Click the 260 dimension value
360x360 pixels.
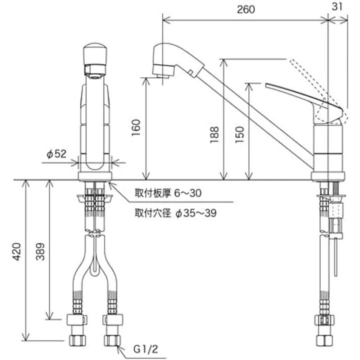pos(246,10)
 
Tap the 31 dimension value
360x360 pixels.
pos(337,6)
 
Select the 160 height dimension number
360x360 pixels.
pos(136,128)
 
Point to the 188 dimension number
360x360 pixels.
pos(215,134)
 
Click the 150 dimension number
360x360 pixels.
pos(239,134)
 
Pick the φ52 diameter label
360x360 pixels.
pos(57,154)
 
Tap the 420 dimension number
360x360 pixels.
pos(16,251)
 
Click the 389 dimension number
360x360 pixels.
pos(40,251)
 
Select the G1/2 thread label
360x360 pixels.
pos(145,350)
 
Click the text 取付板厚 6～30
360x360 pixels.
pos(168,193)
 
